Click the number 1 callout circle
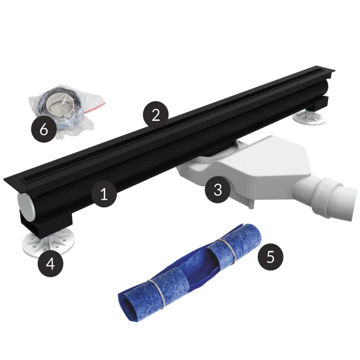tap(104, 194)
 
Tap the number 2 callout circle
tap(156, 114)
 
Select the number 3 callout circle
tap(217, 190)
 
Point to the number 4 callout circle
tap(50, 264)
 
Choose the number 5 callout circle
tap(270, 256)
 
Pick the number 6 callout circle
tap(44, 130)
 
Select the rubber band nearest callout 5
tap(228, 252)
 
